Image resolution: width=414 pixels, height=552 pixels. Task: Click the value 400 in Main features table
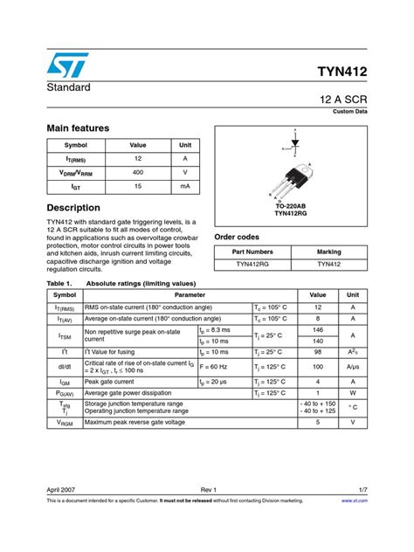(137, 172)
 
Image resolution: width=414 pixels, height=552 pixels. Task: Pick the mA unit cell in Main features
(185, 186)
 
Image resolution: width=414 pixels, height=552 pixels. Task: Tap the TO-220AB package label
(292, 205)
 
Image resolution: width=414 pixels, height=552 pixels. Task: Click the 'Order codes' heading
(237, 237)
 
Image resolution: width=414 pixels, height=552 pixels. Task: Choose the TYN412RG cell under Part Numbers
(252, 263)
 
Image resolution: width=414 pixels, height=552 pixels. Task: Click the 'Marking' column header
(329, 252)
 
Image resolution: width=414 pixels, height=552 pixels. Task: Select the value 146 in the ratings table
(317, 330)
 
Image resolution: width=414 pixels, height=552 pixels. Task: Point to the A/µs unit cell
(353, 368)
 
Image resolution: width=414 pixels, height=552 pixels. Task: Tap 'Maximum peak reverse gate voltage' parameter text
(135, 422)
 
